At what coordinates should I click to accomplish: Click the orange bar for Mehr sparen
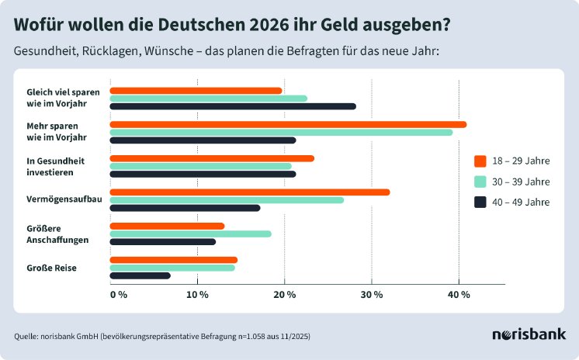[288, 124]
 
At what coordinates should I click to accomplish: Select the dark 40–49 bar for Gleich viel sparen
[233, 106]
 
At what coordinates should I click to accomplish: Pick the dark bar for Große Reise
[140, 275]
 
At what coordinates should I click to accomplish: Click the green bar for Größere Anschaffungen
[191, 234]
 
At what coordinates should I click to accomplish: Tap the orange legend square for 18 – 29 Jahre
[480, 161]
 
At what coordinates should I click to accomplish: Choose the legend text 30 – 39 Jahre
[522, 182]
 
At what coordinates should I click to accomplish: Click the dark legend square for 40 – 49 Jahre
[480, 202]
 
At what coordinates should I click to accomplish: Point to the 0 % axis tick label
[118, 295]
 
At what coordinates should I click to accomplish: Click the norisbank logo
[529, 334]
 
